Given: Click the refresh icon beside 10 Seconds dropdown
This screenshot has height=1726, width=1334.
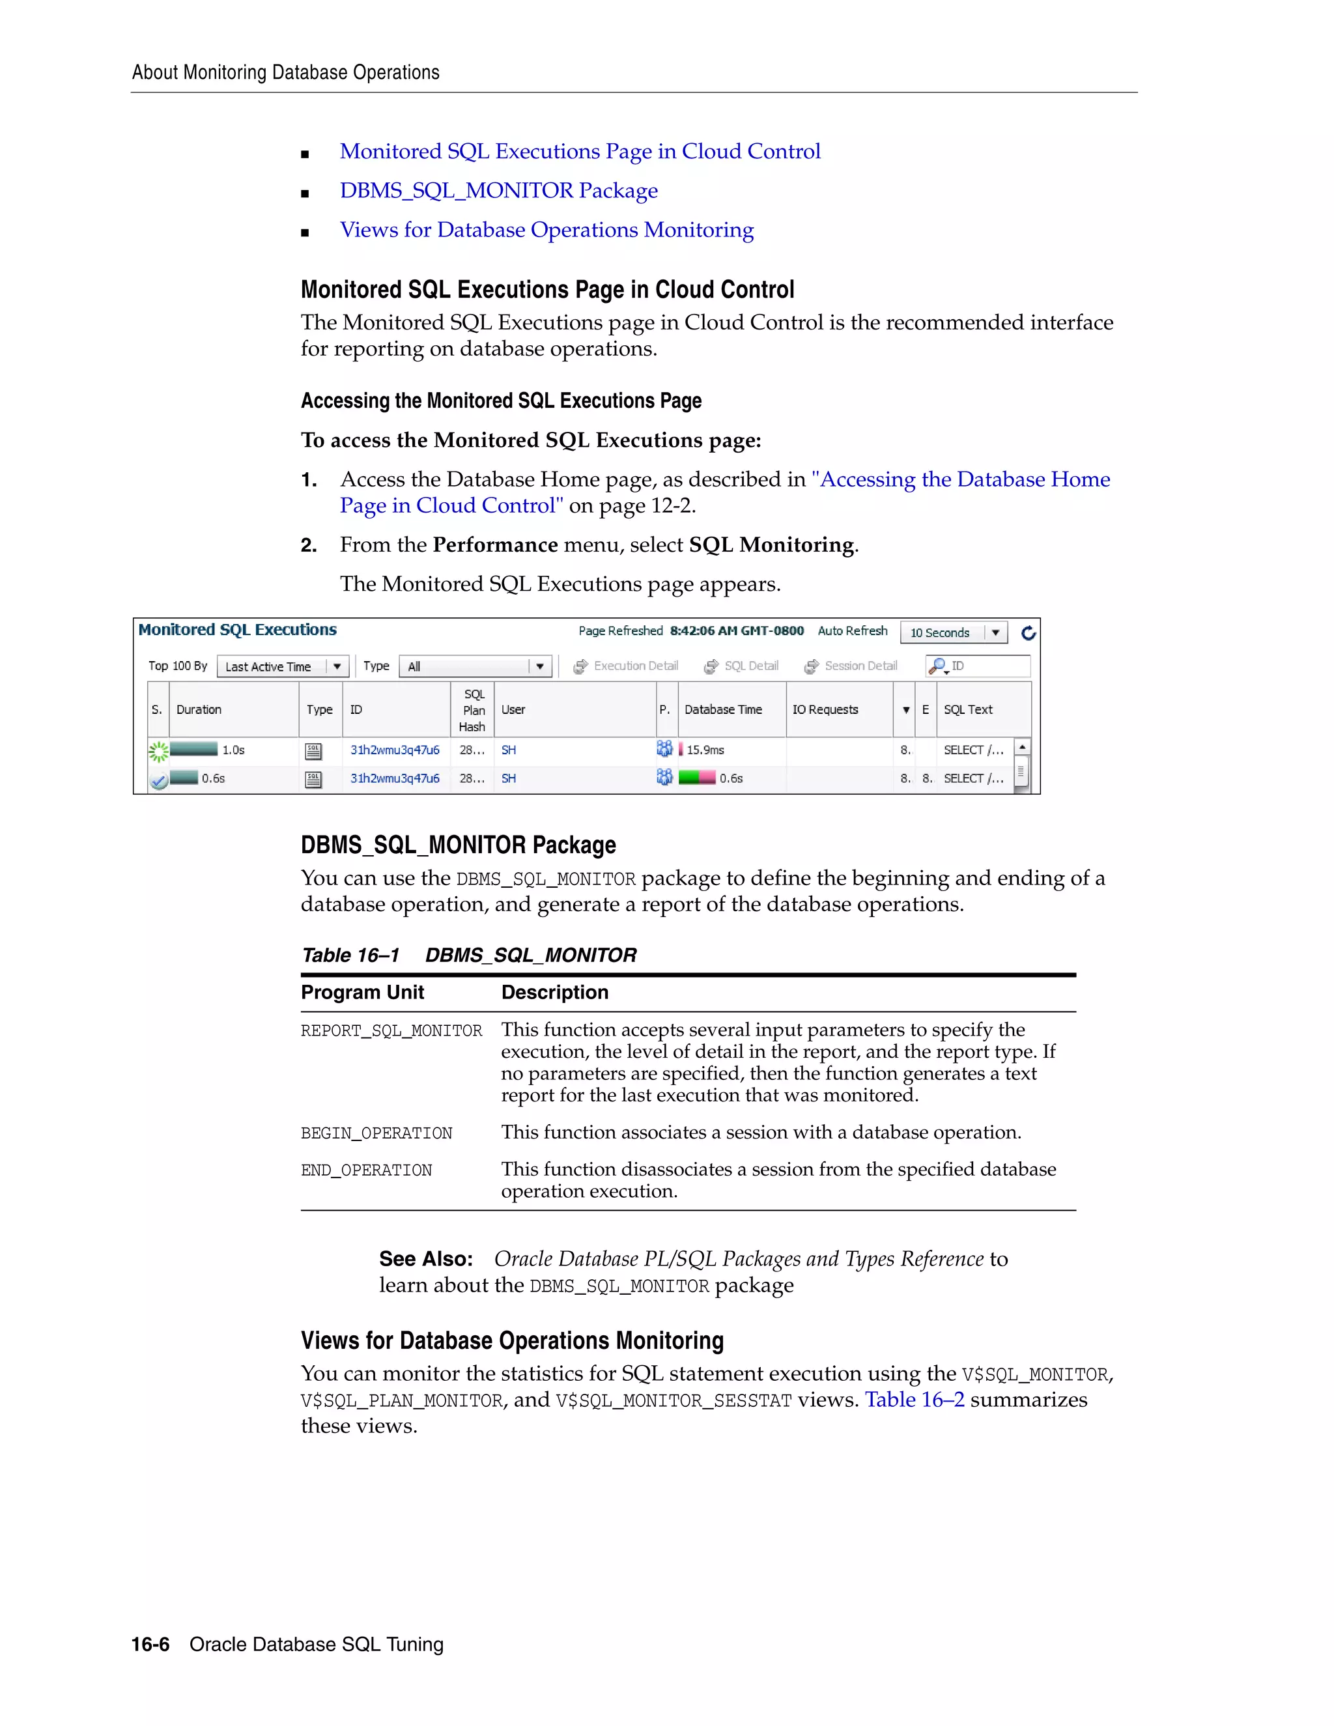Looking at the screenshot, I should pyautogui.click(x=1028, y=633).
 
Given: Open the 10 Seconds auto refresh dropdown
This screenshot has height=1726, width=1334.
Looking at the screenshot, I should pyautogui.click(x=954, y=633).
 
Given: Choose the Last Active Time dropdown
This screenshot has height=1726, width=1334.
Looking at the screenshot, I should pyautogui.click(x=282, y=667).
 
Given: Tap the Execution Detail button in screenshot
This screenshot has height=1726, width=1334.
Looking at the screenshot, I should pyautogui.click(x=626, y=666).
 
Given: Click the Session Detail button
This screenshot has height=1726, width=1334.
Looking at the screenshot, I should pyautogui.click(x=851, y=666).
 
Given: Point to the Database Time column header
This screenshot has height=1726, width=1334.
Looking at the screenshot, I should pyautogui.click(x=723, y=710).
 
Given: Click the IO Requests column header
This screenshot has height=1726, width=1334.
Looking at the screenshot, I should pyautogui.click(x=825, y=710).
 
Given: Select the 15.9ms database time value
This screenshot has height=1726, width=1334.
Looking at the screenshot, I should pyautogui.click(x=705, y=750).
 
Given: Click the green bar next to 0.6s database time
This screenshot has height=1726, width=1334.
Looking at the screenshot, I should pyautogui.click(x=697, y=778).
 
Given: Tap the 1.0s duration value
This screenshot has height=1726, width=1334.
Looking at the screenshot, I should pyautogui.click(x=233, y=750).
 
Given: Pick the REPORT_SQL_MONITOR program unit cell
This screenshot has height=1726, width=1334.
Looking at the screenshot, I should pyautogui.click(x=391, y=1031).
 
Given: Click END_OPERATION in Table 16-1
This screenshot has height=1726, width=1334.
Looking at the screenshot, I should pyautogui.click(x=366, y=1170).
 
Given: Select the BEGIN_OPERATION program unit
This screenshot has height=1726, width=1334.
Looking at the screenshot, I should pyautogui.click(x=376, y=1133).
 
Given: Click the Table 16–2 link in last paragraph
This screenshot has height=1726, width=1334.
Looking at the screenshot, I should pyautogui.click(x=915, y=1400).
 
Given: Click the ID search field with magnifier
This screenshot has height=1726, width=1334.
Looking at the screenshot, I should pyautogui.click(x=978, y=666).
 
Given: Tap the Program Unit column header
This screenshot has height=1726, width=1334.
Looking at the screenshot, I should pyautogui.click(x=362, y=993).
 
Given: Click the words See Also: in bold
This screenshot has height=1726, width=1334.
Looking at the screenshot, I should pyautogui.click(x=426, y=1259).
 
